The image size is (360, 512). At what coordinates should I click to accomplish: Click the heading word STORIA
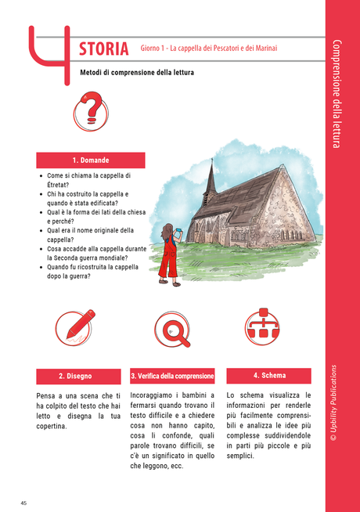point(104,49)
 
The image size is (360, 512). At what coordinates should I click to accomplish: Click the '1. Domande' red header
point(91,160)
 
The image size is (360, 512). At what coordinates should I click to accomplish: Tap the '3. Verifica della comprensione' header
point(172,377)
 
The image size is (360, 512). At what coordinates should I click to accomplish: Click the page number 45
point(24,502)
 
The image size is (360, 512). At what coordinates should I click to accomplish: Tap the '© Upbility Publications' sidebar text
point(333,414)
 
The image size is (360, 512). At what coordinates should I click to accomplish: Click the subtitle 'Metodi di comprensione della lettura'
point(137,73)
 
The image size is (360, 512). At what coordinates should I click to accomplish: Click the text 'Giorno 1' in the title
point(157,49)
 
